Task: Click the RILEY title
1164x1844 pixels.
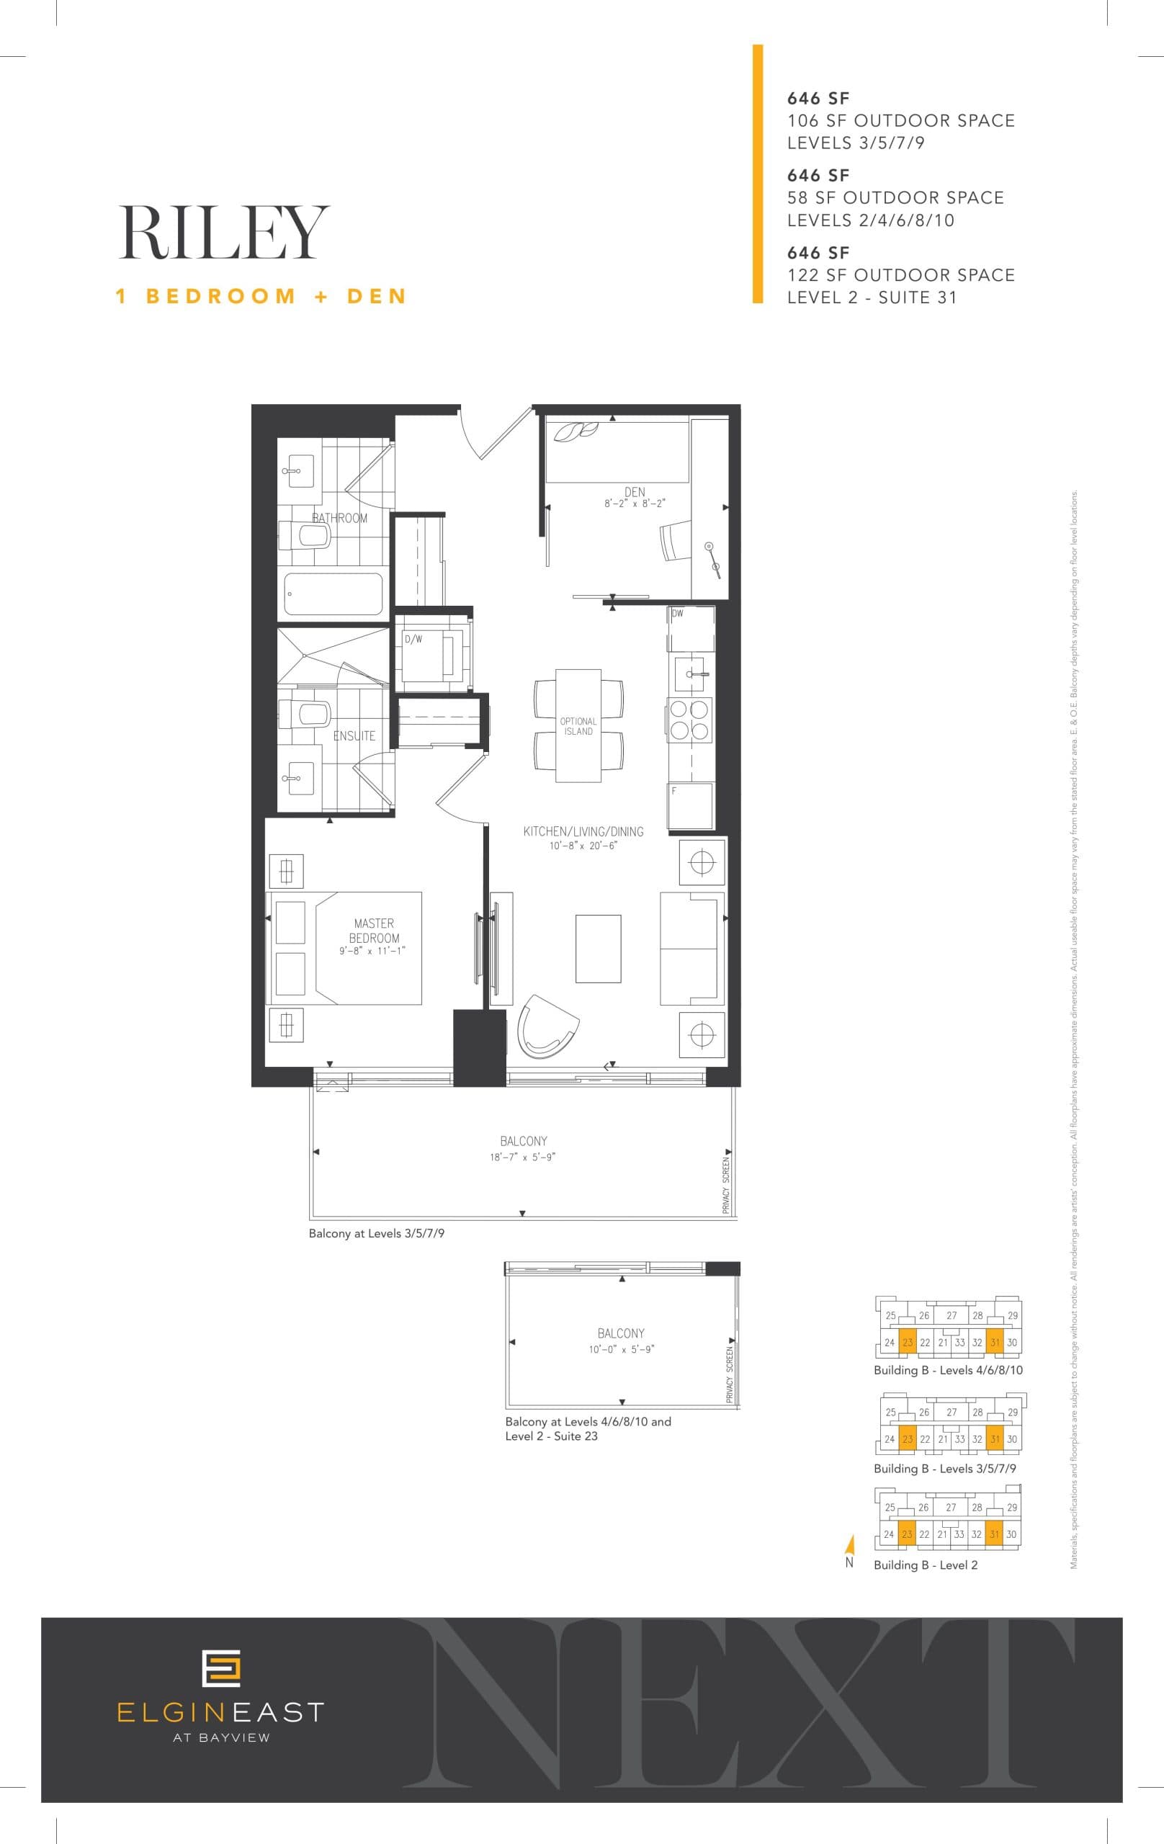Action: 223,233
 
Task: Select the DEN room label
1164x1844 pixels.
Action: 635,492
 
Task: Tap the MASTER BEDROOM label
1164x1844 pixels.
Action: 375,931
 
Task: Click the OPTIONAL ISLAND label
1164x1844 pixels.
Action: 578,726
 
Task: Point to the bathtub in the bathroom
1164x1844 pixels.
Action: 333,594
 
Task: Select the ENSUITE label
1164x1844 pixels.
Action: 354,736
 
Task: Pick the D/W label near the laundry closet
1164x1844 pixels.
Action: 413,640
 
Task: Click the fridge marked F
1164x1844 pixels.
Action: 690,805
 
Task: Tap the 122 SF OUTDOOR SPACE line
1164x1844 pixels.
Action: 900,275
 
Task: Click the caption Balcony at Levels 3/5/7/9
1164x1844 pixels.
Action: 376,1234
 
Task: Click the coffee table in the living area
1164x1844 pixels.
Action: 598,948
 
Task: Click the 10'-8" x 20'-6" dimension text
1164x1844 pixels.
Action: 583,846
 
